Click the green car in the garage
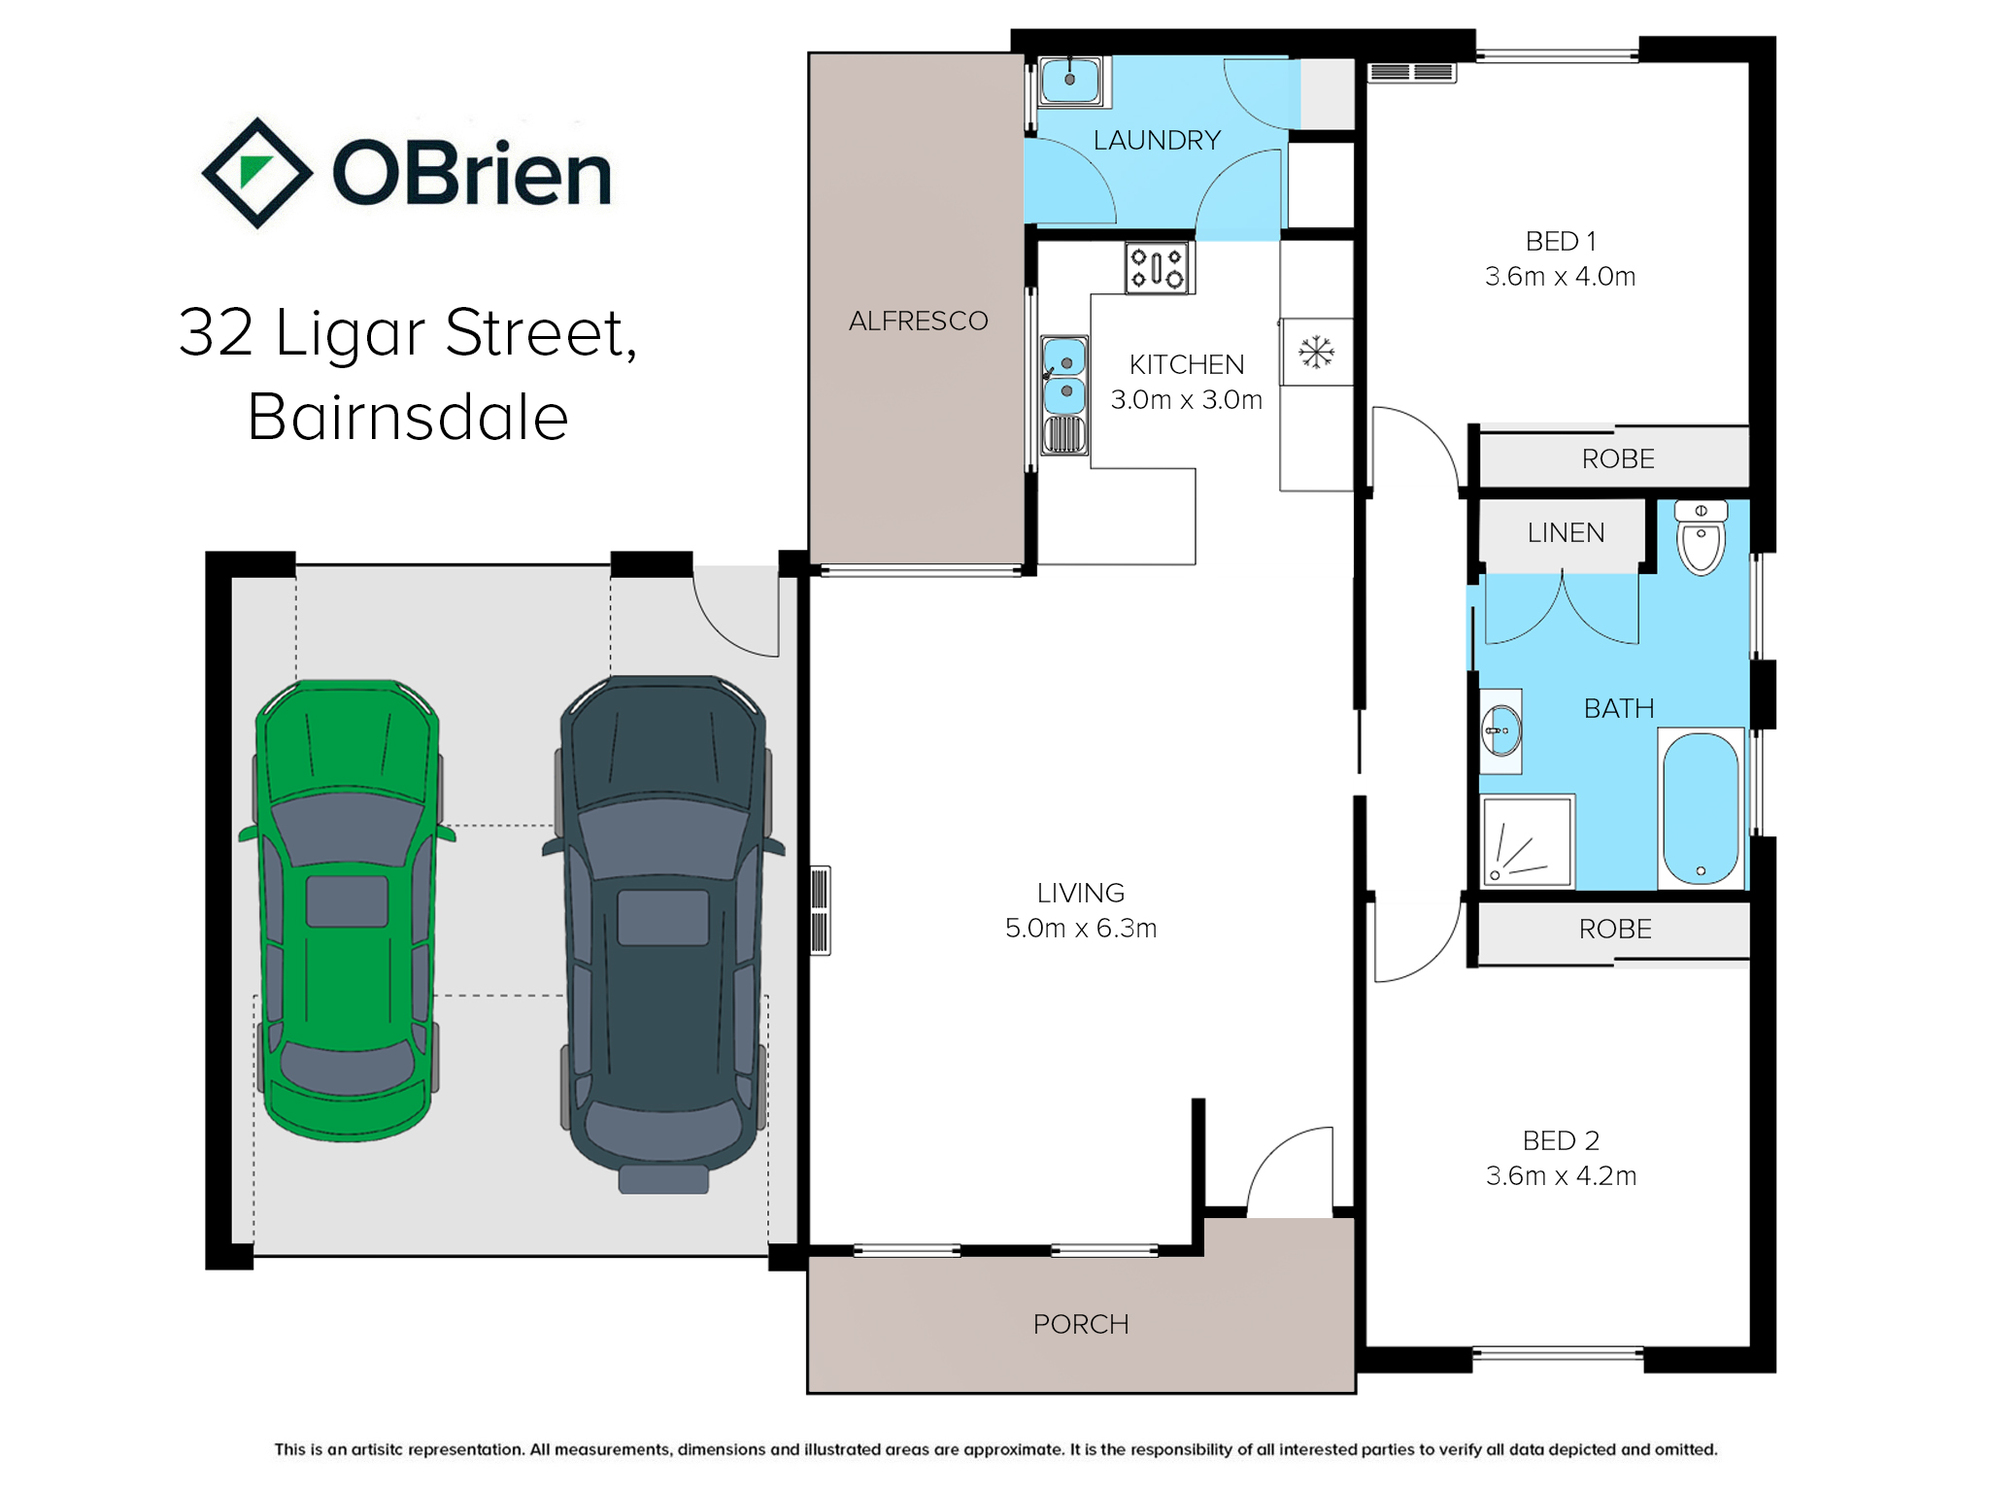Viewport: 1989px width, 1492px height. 347,910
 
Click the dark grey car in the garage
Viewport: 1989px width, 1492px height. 663,932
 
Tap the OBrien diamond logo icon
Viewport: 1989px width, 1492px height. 256,173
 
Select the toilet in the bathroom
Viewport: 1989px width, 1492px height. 1702,538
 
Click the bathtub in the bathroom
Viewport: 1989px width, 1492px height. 1701,809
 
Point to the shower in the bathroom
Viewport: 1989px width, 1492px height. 1527,841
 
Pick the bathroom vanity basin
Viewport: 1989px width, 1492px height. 1500,731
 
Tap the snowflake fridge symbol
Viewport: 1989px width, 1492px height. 1317,352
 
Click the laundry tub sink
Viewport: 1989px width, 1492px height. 1070,80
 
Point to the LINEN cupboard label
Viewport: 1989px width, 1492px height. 1566,532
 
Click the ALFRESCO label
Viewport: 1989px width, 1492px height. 918,321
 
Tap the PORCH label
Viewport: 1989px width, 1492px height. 1081,1324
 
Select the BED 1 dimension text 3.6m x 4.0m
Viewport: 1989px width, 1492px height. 1560,277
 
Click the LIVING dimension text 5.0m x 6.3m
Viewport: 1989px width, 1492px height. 1081,929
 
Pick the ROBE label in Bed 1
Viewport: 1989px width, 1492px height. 1618,458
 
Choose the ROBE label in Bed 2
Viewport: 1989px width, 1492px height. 1615,929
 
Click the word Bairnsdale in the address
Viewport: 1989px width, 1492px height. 408,417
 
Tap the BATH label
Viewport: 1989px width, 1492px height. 1619,708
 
